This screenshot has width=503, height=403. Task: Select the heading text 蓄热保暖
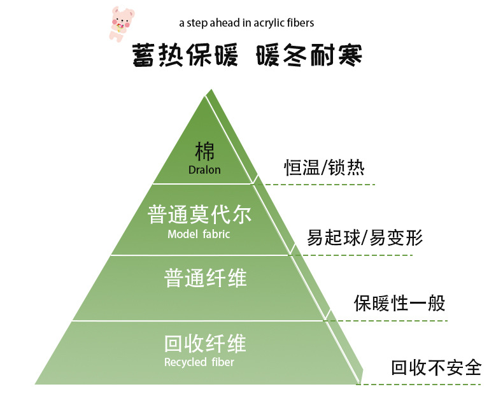click(185, 57)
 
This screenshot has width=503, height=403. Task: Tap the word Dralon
click(204, 170)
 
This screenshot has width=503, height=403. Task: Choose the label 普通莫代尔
click(199, 214)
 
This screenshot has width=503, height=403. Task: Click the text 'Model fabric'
click(199, 234)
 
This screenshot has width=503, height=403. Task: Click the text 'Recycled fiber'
click(199, 363)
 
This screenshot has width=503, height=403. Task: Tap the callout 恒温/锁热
click(324, 167)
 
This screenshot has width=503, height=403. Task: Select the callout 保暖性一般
click(400, 302)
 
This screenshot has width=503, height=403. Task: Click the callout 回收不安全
click(436, 367)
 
